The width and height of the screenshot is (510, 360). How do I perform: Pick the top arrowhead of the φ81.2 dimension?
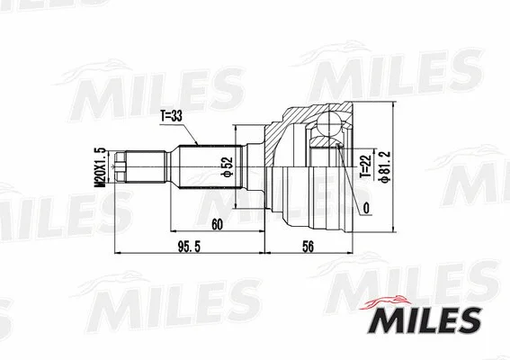tap(394, 106)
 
